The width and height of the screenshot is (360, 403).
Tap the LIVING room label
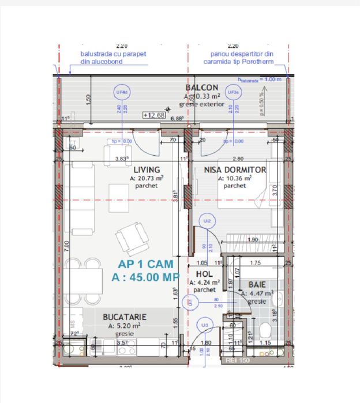point(147,170)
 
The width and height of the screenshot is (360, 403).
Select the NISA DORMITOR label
point(235,170)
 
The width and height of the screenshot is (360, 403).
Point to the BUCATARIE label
point(124,317)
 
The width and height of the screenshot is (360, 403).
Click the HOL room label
point(204,274)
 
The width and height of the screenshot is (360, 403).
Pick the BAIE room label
point(257,285)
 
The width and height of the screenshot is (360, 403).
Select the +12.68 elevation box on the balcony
point(153,115)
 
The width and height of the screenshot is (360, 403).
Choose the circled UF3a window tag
point(232,92)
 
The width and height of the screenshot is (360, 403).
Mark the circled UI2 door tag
point(207,221)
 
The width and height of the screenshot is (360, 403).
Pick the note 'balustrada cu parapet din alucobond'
point(113,58)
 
